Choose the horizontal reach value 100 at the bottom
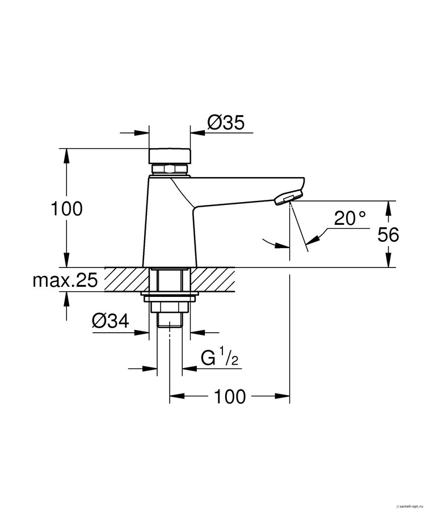(230, 397)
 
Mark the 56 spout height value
(388, 234)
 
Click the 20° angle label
(349, 219)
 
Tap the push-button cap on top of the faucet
(170, 156)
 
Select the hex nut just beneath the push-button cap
(170, 169)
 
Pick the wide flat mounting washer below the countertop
(170, 298)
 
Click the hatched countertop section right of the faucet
(214, 279)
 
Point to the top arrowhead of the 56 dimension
(388, 207)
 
